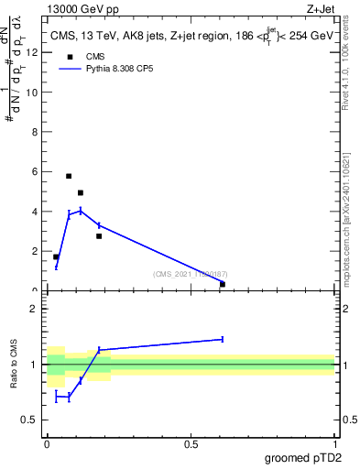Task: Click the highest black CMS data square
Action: [x=69, y=176]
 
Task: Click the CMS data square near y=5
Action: [x=81, y=192]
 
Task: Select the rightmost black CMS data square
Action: [x=223, y=284]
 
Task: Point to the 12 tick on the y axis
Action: [x=35, y=52]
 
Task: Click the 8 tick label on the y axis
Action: [x=35, y=132]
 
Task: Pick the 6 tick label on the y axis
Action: [x=35, y=171]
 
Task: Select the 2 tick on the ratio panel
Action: [x=33, y=309]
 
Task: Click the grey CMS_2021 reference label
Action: [x=190, y=274]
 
